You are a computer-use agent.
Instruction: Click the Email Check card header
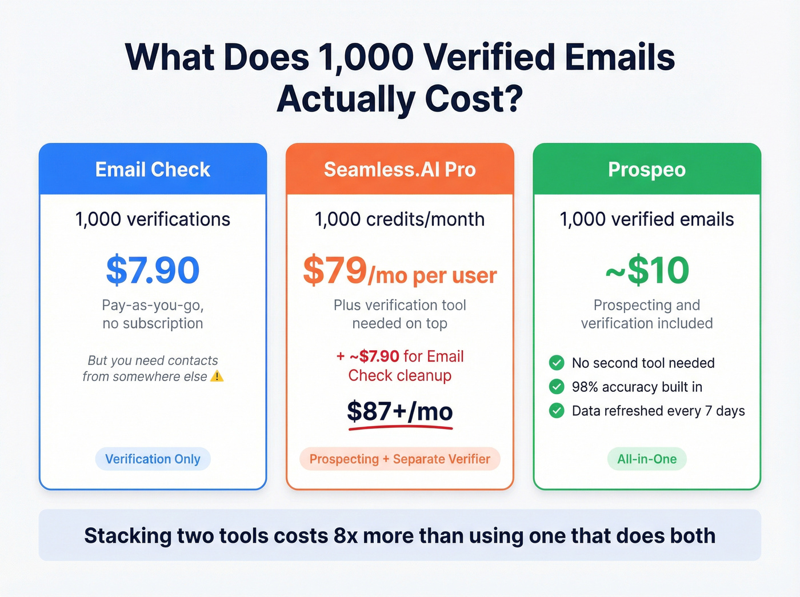(153, 170)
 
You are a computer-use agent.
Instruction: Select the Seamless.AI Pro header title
(399, 170)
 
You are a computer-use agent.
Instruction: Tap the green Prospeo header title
(646, 170)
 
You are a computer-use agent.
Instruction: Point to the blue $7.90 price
(153, 270)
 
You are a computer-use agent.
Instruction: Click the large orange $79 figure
(335, 270)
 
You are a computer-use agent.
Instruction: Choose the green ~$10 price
(647, 270)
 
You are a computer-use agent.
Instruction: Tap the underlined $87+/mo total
(399, 411)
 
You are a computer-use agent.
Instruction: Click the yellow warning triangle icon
(217, 376)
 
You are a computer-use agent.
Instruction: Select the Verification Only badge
(153, 459)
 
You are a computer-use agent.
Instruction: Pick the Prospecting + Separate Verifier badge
(399, 459)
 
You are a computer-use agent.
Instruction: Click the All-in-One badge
(647, 459)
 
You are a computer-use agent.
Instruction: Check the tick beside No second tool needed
(557, 363)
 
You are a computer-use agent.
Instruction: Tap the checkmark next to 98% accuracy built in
(557, 387)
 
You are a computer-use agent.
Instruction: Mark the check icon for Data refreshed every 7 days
(557, 411)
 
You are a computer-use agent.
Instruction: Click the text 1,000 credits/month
(399, 219)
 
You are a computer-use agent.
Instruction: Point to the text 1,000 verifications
(153, 219)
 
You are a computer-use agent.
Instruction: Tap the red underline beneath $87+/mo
(399, 427)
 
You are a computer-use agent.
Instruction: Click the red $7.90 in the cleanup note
(379, 356)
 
